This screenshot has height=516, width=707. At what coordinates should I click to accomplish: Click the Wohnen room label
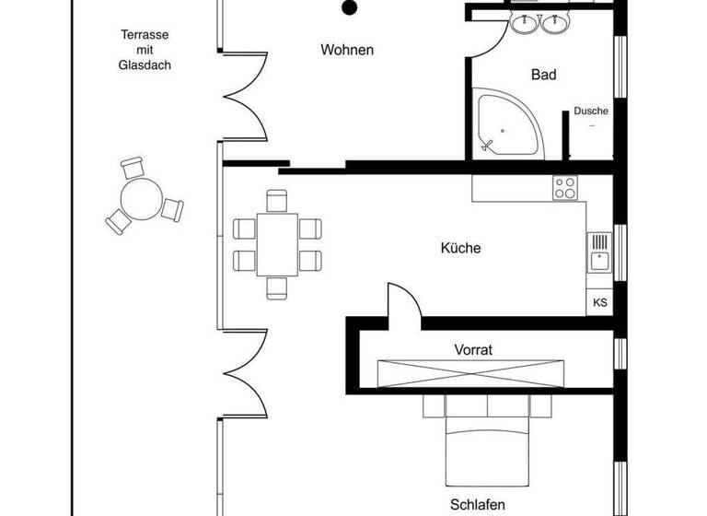tap(346, 50)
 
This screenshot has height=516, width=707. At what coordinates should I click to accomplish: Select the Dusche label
tap(591, 111)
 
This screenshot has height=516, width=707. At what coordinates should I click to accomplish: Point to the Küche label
tap(461, 248)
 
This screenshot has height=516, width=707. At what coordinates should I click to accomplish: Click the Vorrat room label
tap(474, 350)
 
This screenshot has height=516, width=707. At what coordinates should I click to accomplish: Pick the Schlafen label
tap(478, 505)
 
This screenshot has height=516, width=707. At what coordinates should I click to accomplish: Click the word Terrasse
tap(145, 36)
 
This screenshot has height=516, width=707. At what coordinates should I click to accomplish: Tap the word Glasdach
tap(145, 65)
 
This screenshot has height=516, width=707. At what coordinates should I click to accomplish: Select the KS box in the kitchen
tap(600, 302)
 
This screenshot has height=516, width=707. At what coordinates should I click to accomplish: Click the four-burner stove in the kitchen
tap(565, 189)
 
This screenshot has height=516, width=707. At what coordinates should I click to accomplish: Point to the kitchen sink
tap(599, 252)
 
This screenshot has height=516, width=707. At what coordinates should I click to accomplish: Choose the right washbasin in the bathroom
tap(555, 23)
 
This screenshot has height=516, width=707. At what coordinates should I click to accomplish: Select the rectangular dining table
tap(277, 244)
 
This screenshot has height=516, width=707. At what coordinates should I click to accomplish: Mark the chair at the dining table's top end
tap(277, 200)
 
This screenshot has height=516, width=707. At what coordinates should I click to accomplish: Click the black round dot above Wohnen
tap(349, 8)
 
